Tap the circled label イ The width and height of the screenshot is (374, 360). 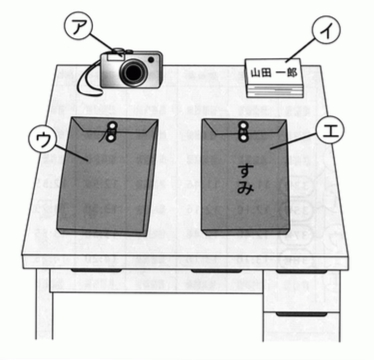326,29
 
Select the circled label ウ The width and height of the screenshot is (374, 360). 43,140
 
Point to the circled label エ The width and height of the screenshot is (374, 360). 329,130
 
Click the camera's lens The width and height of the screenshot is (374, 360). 133,72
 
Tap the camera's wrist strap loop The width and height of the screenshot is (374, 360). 89,79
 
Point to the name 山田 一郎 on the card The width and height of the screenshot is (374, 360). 274,72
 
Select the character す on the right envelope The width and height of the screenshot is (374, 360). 246,171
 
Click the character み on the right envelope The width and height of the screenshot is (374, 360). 245,187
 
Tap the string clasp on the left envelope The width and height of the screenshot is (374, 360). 111,132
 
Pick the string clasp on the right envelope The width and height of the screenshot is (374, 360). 243,131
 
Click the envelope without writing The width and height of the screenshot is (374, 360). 107,176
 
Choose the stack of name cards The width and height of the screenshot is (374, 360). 274,78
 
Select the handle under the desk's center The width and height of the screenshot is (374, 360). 216,270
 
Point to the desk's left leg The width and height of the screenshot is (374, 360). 44,304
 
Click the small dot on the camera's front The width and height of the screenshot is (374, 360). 151,60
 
